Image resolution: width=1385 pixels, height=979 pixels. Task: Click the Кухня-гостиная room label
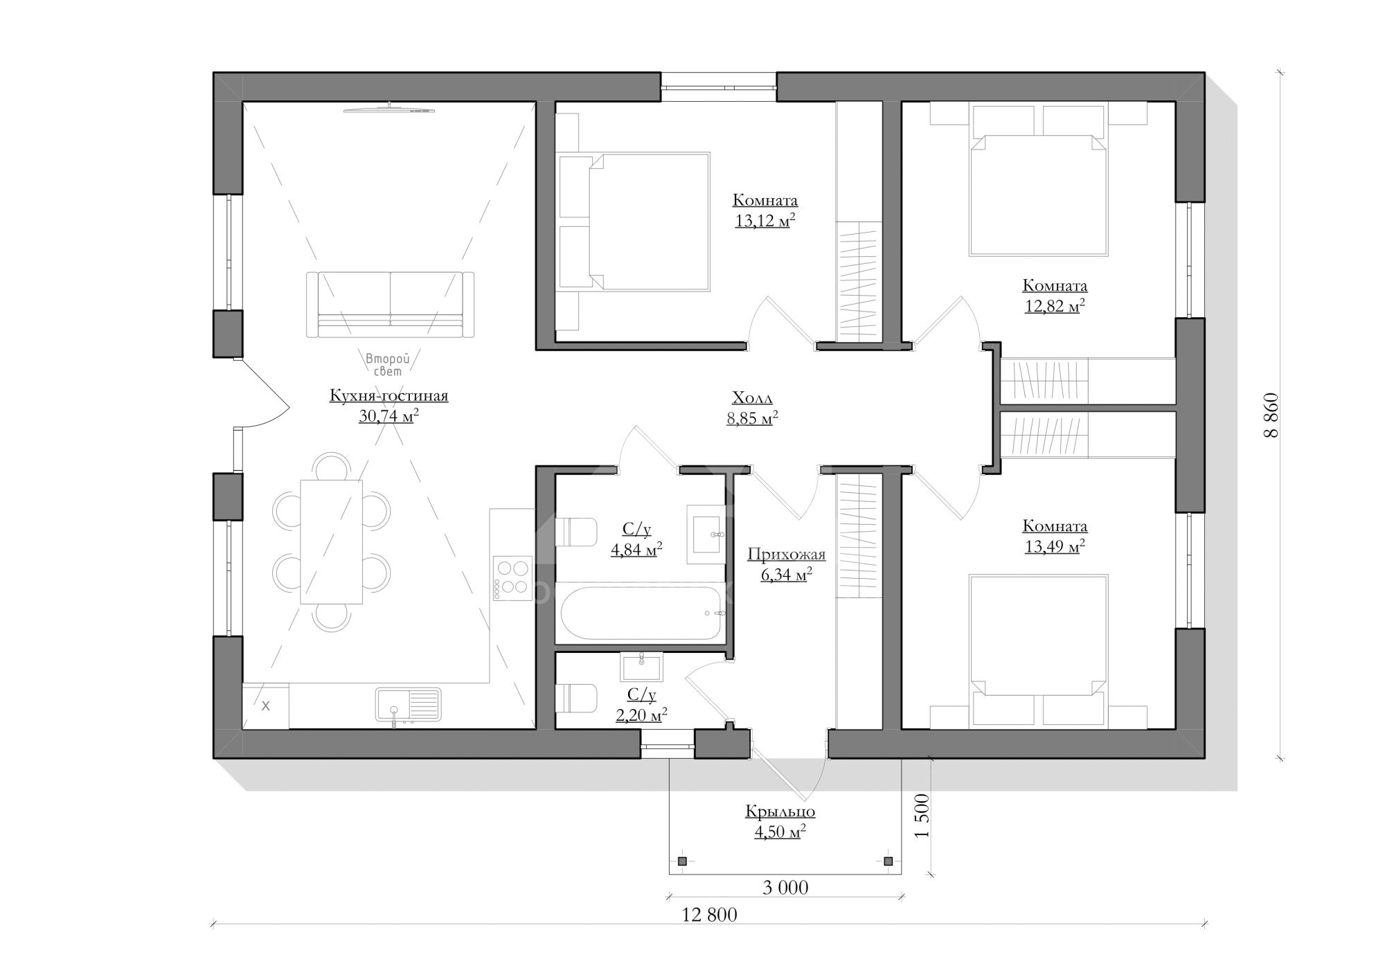(388, 396)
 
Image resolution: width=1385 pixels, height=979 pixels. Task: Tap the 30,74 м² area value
(388, 416)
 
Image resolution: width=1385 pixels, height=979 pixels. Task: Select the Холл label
(752, 398)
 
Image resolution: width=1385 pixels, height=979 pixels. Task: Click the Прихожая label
(786, 555)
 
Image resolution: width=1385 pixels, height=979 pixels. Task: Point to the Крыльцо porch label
(780, 811)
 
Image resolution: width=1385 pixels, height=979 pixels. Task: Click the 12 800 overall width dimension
(709, 915)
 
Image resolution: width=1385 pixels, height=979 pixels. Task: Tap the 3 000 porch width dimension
(785, 888)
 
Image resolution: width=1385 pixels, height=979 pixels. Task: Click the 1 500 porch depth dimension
(922, 816)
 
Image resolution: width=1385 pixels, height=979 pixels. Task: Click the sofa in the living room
(391, 305)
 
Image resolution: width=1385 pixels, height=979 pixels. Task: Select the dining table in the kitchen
(331, 541)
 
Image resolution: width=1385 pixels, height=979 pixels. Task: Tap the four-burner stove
(512, 578)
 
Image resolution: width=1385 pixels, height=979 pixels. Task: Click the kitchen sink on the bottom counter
(409, 705)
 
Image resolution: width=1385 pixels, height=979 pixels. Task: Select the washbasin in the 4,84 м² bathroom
(706, 535)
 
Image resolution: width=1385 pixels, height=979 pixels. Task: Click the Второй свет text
(388, 365)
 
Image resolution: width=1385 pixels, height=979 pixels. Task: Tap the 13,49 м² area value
(1054, 547)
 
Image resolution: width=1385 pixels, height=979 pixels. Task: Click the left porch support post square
(682, 861)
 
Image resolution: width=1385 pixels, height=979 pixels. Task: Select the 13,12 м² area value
(765, 221)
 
